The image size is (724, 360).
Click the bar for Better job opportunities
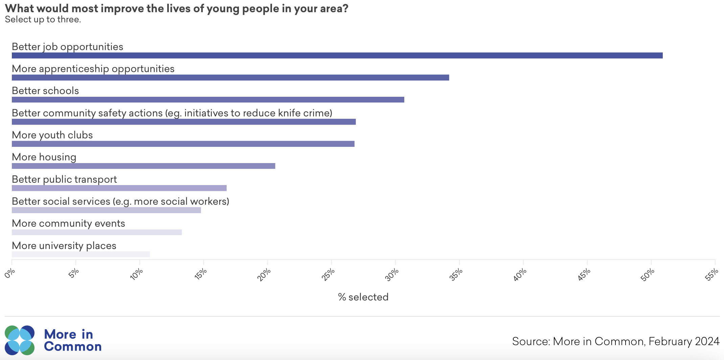[x=337, y=55]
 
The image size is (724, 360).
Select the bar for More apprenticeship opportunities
[x=230, y=77]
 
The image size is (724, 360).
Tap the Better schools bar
[x=208, y=99]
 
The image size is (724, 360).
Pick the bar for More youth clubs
[x=183, y=144]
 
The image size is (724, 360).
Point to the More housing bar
[x=143, y=166]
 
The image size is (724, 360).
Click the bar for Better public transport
[x=119, y=188]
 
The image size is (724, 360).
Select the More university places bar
[x=81, y=254]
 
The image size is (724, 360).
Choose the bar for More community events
[x=97, y=232]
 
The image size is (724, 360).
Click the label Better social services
[x=120, y=201]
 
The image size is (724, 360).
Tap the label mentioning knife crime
[x=172, y=113]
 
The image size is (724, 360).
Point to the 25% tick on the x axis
[x=328, y=274]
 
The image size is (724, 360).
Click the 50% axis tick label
[x=648, y=274]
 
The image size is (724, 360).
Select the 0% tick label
[x=10, y=273]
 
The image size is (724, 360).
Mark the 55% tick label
[x=711, y=274]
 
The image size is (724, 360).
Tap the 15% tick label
[x=200, y=274]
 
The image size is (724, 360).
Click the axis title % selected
[x=363, y=297]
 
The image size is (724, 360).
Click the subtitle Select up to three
[x=43, y=20]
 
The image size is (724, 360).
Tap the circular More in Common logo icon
[x=20, y=340]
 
